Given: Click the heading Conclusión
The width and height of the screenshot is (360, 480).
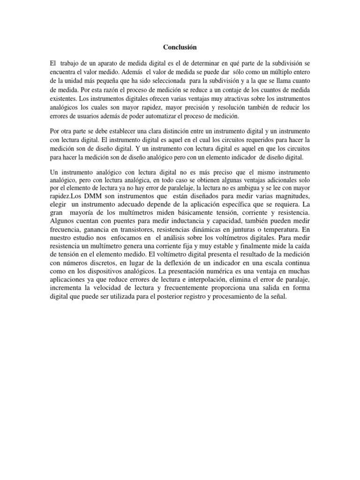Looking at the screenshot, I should tap(180, 47).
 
